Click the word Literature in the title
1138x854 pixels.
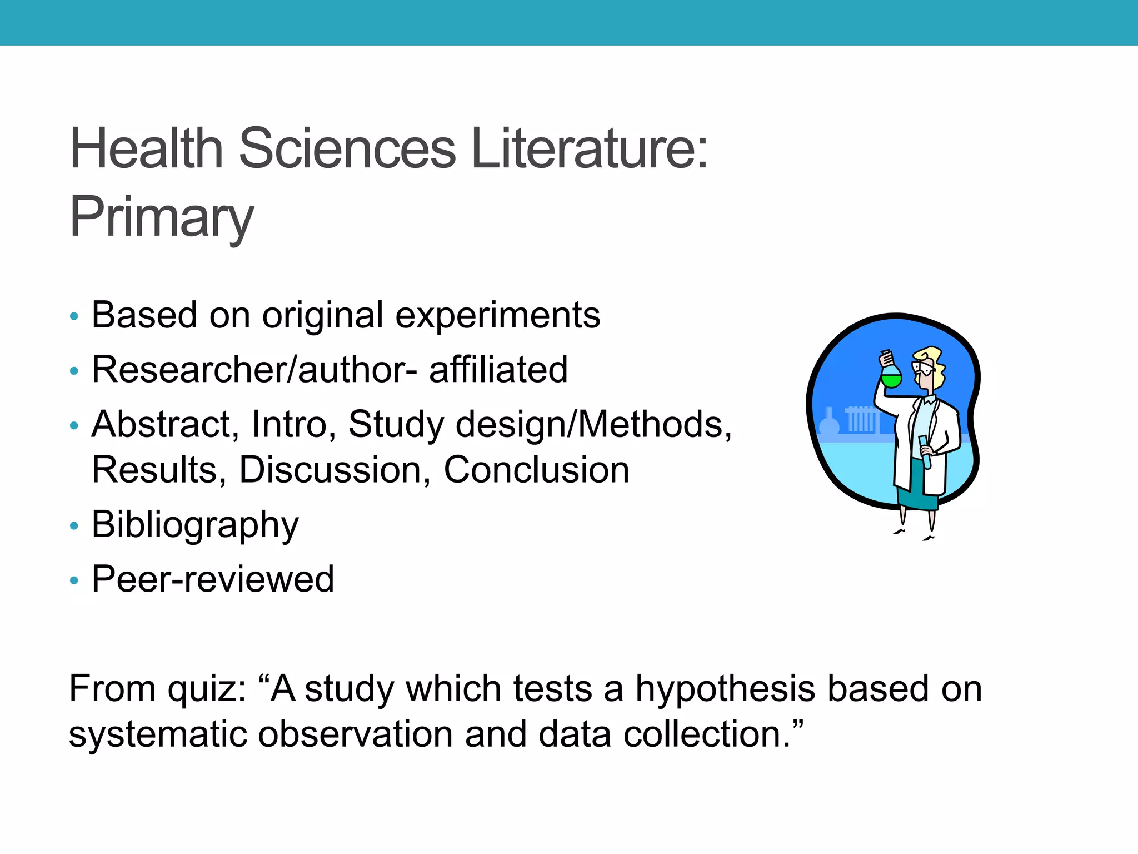click(590, 148)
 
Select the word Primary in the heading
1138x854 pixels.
click(162, 217)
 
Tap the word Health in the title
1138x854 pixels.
click(146, 148)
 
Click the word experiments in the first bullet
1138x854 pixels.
click(498, 315)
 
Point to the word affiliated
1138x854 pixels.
click(498, 370)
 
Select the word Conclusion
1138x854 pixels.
click(536, 470)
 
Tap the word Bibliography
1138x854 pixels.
click(195, 525)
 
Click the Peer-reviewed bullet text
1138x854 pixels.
click(213, 579)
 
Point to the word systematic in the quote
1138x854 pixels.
click(158, 734)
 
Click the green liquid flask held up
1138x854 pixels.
click(891, 375)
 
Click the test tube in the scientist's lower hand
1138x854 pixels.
click(925, 451)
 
